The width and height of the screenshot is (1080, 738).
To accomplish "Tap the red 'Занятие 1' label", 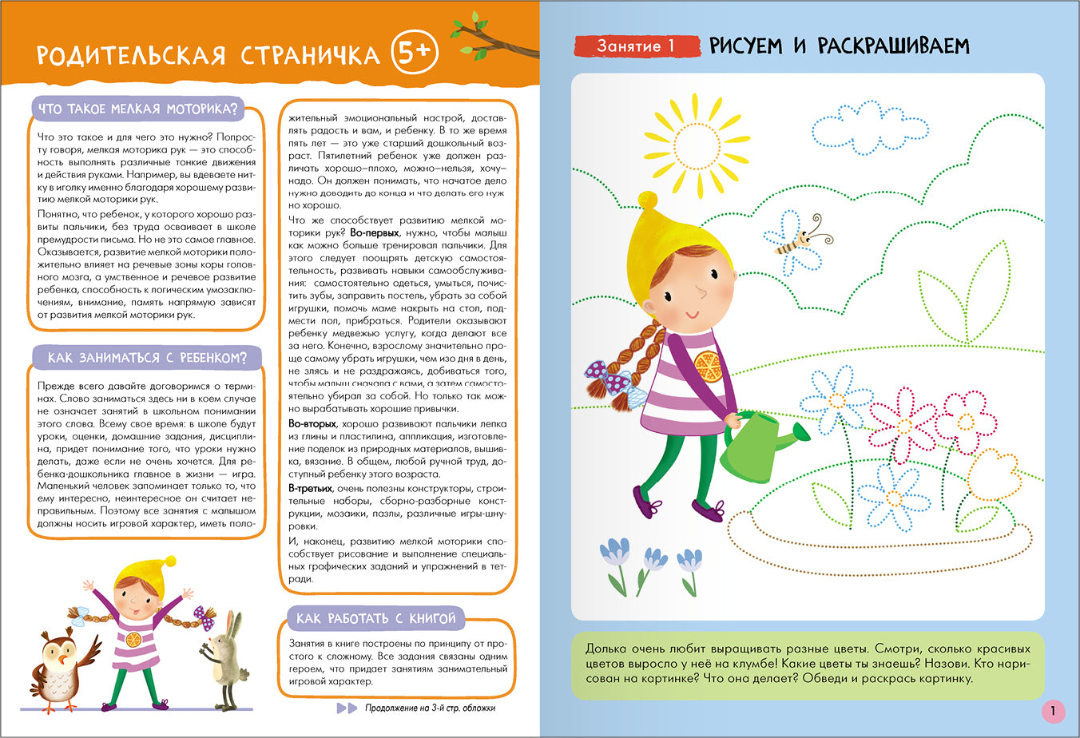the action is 635,46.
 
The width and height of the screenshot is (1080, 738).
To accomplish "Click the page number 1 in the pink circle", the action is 1053,711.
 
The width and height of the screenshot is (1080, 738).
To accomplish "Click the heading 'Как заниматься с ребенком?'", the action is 147,357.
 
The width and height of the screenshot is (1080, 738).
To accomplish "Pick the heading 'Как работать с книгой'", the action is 375,618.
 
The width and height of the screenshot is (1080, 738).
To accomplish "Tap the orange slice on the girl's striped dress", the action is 707,366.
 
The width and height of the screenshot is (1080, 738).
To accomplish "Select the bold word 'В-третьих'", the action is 311,488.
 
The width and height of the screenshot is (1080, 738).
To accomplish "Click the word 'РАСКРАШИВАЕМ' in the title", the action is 893,46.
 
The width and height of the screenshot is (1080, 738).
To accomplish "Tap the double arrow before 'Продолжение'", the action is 347,708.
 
